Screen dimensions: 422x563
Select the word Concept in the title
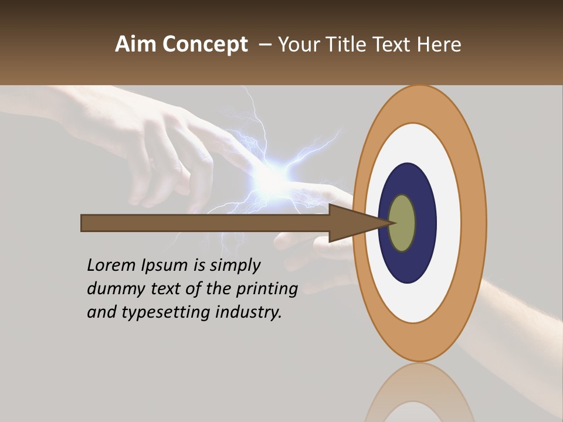tap(205, 45)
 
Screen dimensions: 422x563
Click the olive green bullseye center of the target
tap(402, 223)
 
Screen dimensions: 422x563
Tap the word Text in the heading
tap(395, 45)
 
